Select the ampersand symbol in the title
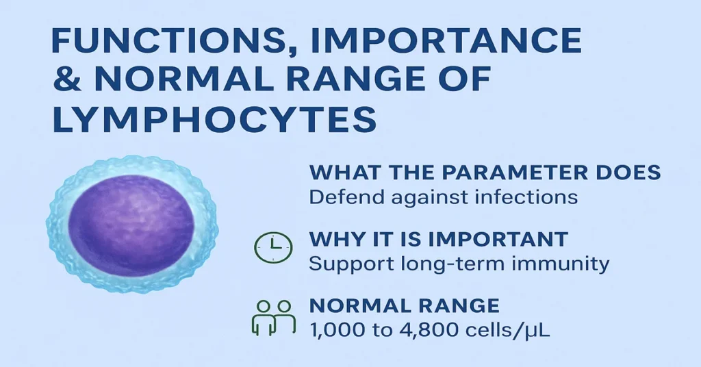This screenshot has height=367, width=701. pyautogui.click(x=67, y=82)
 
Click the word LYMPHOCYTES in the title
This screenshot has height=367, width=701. pyautogui.click(x=214, y=121)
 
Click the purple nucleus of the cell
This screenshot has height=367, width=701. pyautogui.click(x=131, y=223)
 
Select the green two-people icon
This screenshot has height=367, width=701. pyautogui.click(x=272, y=316)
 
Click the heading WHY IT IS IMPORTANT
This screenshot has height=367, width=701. pyautogui.click(x=439, y=240)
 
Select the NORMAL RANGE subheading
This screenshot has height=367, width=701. pyautogui.click(x=405, y=305)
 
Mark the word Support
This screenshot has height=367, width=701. pyautogui.click(x=346, y=264)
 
